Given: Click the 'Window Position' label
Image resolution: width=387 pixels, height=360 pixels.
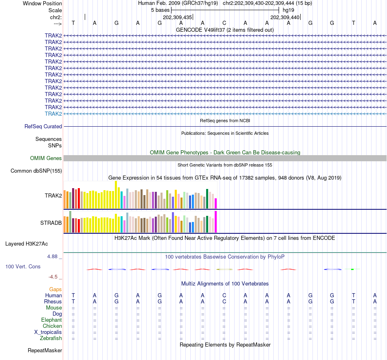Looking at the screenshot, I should point(42,3).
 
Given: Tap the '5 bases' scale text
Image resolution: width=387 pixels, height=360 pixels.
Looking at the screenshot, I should point(160,10).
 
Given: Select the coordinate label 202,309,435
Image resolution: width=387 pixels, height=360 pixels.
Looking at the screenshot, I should point(177,17).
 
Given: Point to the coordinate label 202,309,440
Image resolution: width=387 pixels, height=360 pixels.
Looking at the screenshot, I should point(285,17).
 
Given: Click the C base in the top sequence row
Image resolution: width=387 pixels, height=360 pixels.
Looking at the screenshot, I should point(224,23).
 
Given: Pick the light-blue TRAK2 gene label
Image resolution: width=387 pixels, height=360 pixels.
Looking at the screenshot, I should point(53,114).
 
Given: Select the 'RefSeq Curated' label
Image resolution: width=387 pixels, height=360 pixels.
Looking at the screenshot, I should point(43,126).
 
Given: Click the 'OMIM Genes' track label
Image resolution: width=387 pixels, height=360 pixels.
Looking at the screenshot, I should point(46,158).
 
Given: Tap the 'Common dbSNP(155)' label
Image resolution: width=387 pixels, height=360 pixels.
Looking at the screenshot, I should point(36,171).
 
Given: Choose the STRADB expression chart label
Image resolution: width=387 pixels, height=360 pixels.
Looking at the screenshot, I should point(51,223).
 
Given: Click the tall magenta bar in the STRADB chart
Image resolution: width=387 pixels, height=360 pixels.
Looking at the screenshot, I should point(216,222).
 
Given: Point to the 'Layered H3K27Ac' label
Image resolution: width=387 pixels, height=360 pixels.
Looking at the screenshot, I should point(26,244).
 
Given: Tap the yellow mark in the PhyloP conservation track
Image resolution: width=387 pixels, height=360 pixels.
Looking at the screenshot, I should point(224,269).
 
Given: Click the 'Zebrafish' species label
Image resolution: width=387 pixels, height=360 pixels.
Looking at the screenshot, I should point(51,338).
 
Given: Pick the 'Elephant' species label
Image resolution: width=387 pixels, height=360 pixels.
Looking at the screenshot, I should point(51,320).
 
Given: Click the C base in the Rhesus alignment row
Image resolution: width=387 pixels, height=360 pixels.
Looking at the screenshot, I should point(224,301).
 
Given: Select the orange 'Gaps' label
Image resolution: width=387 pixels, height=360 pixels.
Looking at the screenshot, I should point(55,289).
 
